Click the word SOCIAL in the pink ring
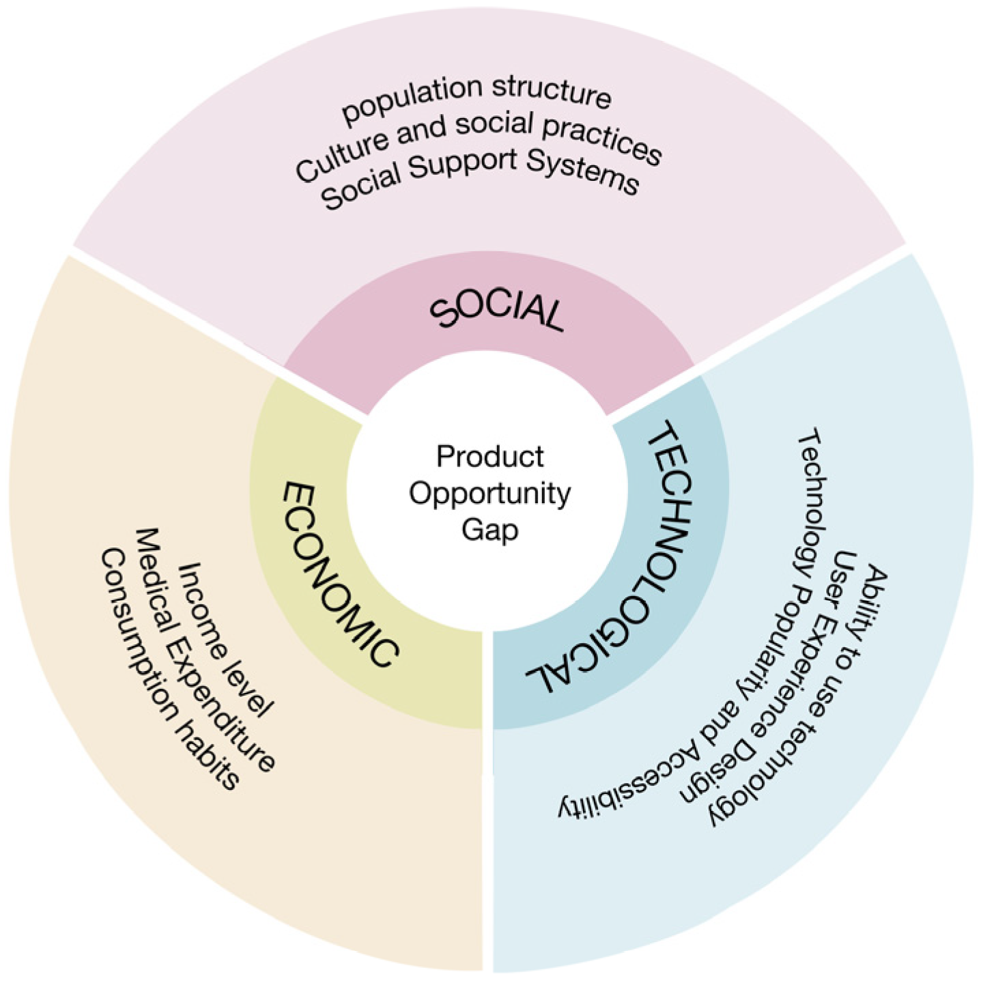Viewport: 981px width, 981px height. (496, 311)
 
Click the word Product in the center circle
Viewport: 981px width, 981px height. (489, 456)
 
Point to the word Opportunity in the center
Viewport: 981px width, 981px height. (489, 494)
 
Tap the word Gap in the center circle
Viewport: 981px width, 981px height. (489, 530)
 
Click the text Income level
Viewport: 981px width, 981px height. (226, 638)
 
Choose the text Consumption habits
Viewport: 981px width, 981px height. (171, 669)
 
